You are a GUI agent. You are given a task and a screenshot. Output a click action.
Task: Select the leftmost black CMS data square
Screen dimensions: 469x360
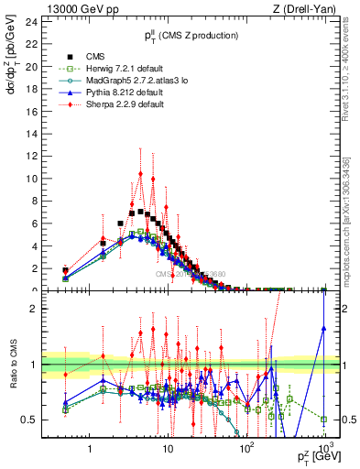pos(65,270)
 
